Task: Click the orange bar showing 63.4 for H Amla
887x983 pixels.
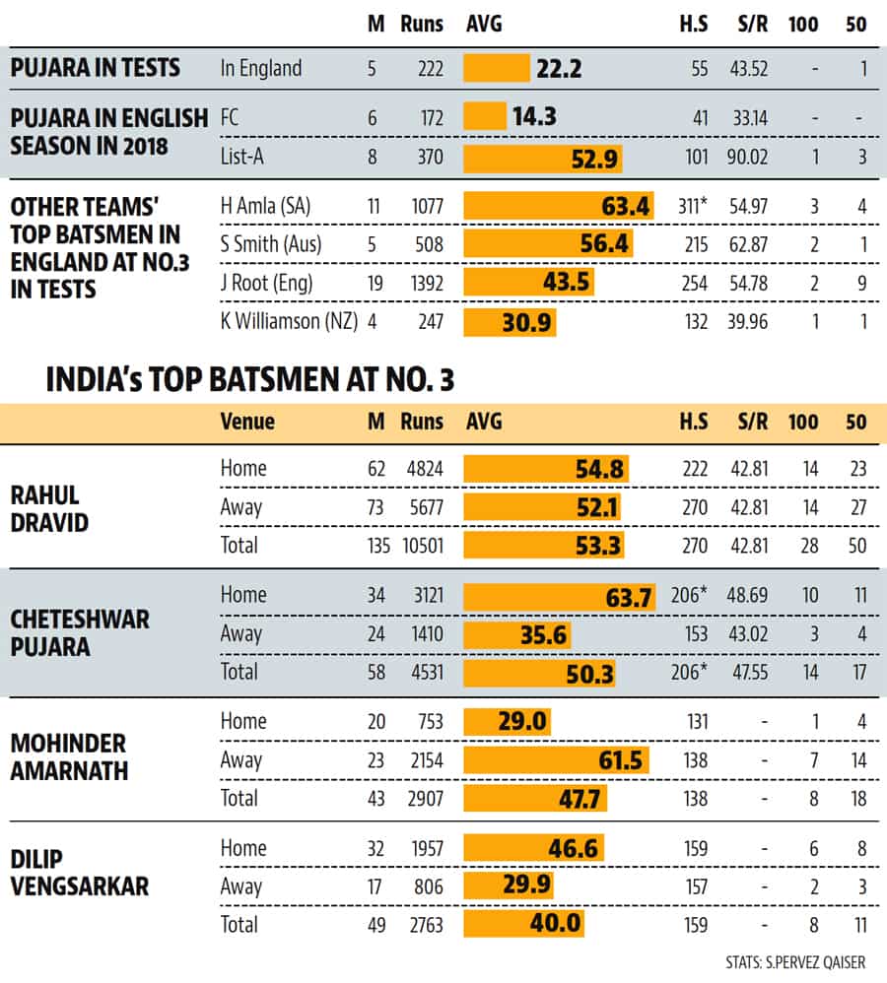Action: [x=558, y=206]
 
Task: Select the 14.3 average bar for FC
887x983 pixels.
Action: [x=485, y=116]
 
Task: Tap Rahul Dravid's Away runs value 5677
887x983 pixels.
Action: [x=427, y=507]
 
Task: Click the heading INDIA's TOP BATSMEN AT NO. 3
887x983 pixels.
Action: [x=249, y=379]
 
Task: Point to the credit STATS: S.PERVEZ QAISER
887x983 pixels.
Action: [x=794, y=962]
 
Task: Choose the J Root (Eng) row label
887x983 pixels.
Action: [x=267, y=284]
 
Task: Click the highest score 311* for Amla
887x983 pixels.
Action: [x=692, y=206]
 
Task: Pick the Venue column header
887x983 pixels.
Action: [x=247, y=422]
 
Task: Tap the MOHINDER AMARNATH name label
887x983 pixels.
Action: [x=69, y=757]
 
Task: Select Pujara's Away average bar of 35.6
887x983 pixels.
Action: [x=516, y=634]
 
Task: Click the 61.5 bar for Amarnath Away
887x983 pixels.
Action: [x=556, y=759]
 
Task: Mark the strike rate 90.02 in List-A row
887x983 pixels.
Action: [x=747, y=157]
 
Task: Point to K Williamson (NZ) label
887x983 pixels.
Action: [x=289, y=322]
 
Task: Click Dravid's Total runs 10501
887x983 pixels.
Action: [x=423, y=546]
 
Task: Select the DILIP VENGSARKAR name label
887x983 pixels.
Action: [x=80, y=873]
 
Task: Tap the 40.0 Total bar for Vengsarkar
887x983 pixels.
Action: [x=523, y=924]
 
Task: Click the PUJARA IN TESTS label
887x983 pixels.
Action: [x=96, y=68]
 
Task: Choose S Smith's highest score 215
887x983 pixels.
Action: [x=697, y=244]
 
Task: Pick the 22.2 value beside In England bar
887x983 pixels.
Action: [x=559, y=68]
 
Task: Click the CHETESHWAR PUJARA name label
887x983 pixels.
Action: [x=80, y=633]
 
